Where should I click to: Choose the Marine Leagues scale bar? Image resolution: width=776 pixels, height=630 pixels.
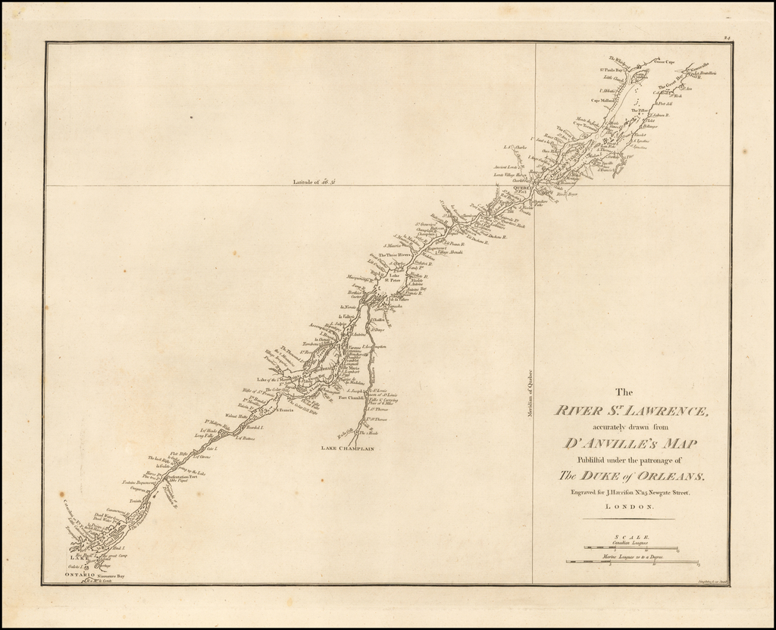[x=632, y=562]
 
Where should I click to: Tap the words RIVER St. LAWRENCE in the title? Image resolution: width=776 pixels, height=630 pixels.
[x=630, y=411]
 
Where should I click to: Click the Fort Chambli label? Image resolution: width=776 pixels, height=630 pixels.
[x=351, y=397]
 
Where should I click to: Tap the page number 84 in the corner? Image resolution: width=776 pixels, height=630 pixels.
[x=726, y=36]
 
